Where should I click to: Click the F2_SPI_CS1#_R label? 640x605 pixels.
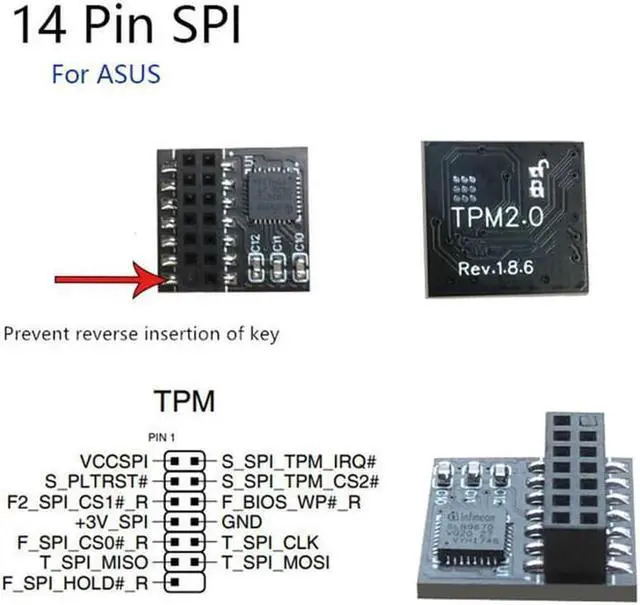[x=78, y=502]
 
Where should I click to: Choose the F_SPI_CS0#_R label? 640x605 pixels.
[x=80, y=542]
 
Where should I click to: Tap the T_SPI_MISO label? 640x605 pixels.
[x=97, y=562]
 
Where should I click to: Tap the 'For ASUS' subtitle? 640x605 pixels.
[x=105, y=75]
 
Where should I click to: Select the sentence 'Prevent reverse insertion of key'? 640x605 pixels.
[x=141, y=333]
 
